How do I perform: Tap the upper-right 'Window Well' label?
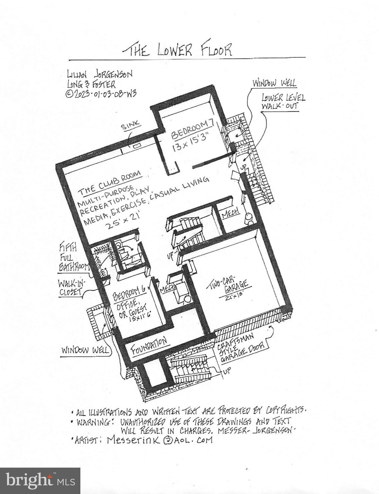(x=274, y=83)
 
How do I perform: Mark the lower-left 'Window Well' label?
(x=85, y=350)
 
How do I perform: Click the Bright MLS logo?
(x=40, y=480)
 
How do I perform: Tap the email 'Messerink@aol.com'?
(x=160, y=440)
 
